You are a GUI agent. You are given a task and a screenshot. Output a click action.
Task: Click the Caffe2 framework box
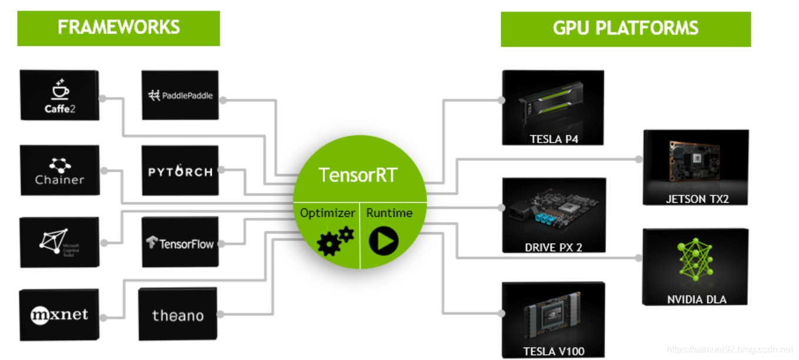click(x=59, y=96)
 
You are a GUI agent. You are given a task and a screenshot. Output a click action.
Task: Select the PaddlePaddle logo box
click(x=180, y=96)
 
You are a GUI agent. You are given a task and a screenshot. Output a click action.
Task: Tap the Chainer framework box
click(x=59, y=171)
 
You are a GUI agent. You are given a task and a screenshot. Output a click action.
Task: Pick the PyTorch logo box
click(x=180, y=171)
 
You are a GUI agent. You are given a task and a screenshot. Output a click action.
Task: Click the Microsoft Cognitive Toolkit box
click(x=59, y=242)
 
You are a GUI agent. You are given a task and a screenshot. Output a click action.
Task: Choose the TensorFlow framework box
click(x=180, y=242)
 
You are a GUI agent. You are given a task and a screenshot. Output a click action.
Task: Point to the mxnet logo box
click(x=59, y=315)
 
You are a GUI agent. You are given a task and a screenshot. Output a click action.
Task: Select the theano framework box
click(x=177, y=315)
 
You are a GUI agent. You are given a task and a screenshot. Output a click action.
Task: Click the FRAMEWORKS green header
click(x=118, y=28)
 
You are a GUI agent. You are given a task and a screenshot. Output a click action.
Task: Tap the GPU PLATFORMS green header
click(x=625, y=28)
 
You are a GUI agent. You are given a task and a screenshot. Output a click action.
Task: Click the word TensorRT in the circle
click(x=358, y=174)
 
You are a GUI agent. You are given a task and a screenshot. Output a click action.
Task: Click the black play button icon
click(x=384, y=240)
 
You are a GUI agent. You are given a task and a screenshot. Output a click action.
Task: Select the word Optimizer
click(x=328, y=213)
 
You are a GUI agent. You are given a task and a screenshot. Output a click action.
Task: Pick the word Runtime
click(x=389, y=213)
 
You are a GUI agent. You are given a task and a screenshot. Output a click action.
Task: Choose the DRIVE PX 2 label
click(x=553, y=247)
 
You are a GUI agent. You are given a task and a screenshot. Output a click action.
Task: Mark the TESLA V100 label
click(x=553, y=352)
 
